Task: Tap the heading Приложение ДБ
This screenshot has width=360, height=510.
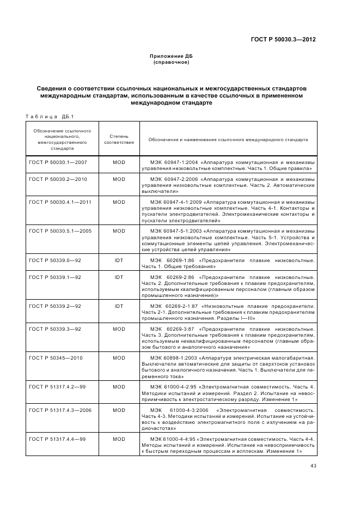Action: [x=171, y=56]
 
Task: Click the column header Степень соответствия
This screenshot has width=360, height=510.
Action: [x=119, y=139]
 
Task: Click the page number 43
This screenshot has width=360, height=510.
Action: [x=313, y=466]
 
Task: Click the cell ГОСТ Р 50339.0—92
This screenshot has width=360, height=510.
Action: [x=53, y=261]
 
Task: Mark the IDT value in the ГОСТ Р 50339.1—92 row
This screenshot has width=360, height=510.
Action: [x=119, y=277]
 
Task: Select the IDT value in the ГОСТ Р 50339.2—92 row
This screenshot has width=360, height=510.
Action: [x=119, y=306]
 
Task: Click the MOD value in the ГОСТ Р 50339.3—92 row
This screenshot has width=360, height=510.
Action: [x=119, y=329]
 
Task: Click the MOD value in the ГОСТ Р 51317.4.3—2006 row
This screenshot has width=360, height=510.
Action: [x=119, y=410]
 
